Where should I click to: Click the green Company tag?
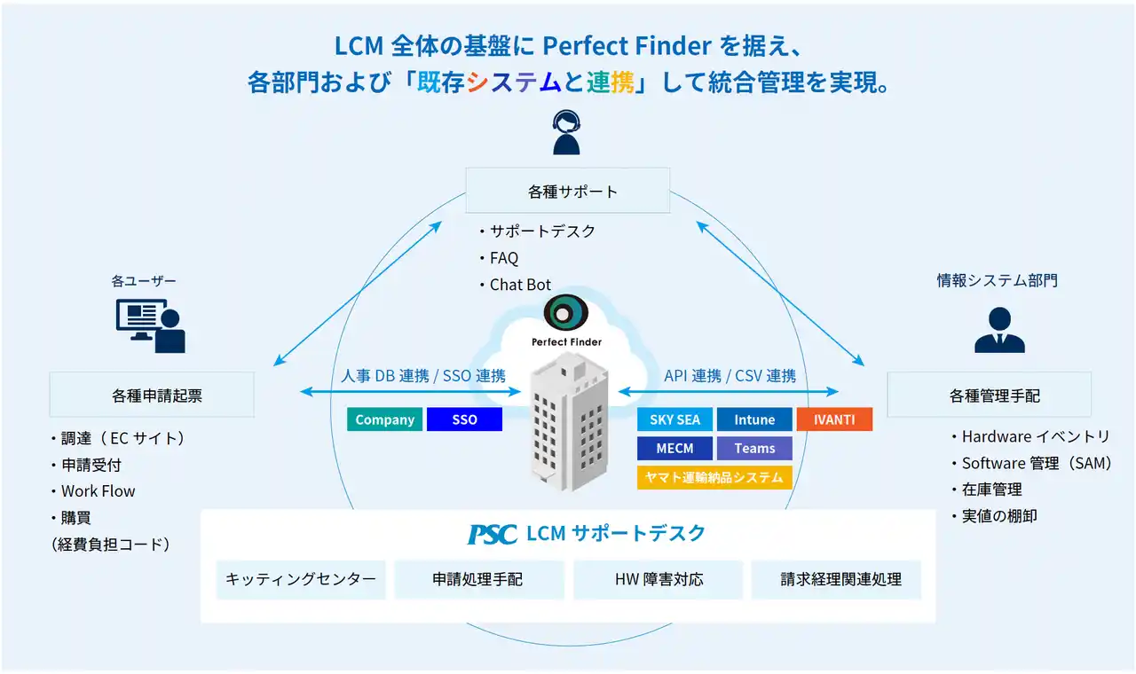384,419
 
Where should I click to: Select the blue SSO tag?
464,419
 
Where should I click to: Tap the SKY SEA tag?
674,419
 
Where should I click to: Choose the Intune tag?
754,419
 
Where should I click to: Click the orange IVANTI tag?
834,419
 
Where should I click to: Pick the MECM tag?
674,448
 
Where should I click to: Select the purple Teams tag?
754,448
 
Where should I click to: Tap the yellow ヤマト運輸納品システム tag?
714,477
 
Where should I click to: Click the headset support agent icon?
566,132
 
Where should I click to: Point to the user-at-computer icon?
151,325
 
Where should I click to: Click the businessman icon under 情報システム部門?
999,330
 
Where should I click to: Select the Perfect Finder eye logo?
566,312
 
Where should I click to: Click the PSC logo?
492,534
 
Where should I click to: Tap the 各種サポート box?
567,191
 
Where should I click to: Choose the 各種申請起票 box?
152,395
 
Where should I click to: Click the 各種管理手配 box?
989,395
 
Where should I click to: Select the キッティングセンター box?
301,579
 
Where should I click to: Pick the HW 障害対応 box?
659,579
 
